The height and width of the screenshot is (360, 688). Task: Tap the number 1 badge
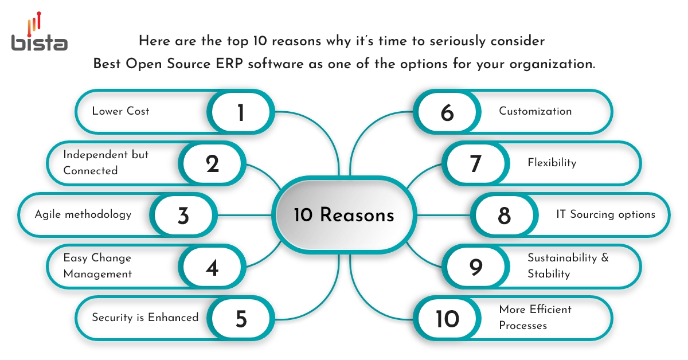241,112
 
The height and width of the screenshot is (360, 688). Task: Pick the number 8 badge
504,216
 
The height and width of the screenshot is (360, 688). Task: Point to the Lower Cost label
120,111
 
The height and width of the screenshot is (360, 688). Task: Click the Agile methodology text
83,214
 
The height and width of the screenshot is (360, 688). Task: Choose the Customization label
535,111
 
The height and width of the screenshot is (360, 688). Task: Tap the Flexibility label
552,163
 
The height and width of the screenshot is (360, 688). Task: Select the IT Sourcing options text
605,214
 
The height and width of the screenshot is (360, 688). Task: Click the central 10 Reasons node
344,216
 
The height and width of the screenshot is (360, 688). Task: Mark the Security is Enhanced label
145,318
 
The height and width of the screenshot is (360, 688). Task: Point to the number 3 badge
183,216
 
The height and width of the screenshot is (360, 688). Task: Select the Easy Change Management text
97,266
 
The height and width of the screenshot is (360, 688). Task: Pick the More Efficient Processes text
535,318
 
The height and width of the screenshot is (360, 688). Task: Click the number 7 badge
475,164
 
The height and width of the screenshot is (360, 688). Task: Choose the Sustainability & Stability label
568,266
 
